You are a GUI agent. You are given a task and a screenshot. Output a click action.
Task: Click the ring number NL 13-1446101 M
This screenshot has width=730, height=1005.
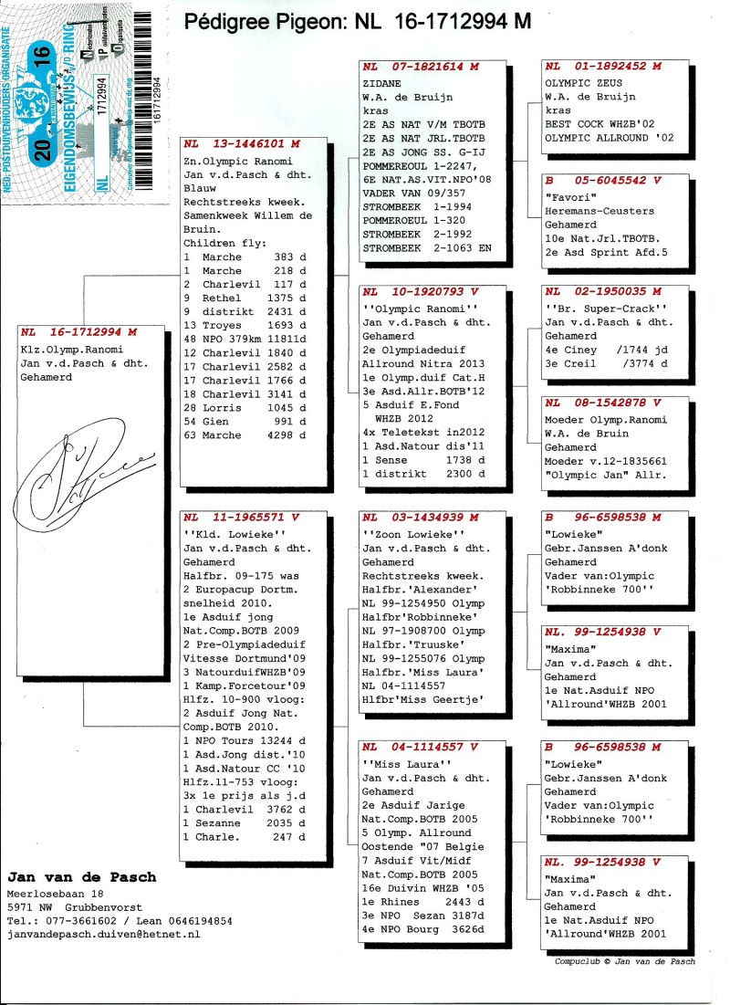click(x=241, y=143)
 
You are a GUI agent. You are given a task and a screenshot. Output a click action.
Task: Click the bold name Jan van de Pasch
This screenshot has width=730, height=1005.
click(x=81, y=877)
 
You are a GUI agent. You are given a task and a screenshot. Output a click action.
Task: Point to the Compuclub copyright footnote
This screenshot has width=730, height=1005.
click(x=624, y=961)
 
